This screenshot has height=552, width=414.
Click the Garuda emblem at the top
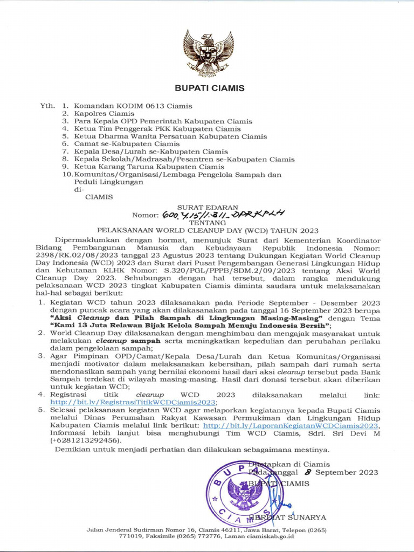tap(208, 53)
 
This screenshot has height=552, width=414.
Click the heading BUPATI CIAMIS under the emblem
tap(209, 88)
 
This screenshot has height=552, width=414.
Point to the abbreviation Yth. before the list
tap(47, 106)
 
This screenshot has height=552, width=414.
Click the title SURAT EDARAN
tap(209, 206)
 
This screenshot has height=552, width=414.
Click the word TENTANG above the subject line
tap(209, 222)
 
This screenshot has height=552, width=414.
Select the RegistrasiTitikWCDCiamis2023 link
tap(133, 402)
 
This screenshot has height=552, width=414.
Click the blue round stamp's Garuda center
tap(245, 492)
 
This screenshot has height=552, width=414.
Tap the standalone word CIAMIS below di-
tap(99, 197)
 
